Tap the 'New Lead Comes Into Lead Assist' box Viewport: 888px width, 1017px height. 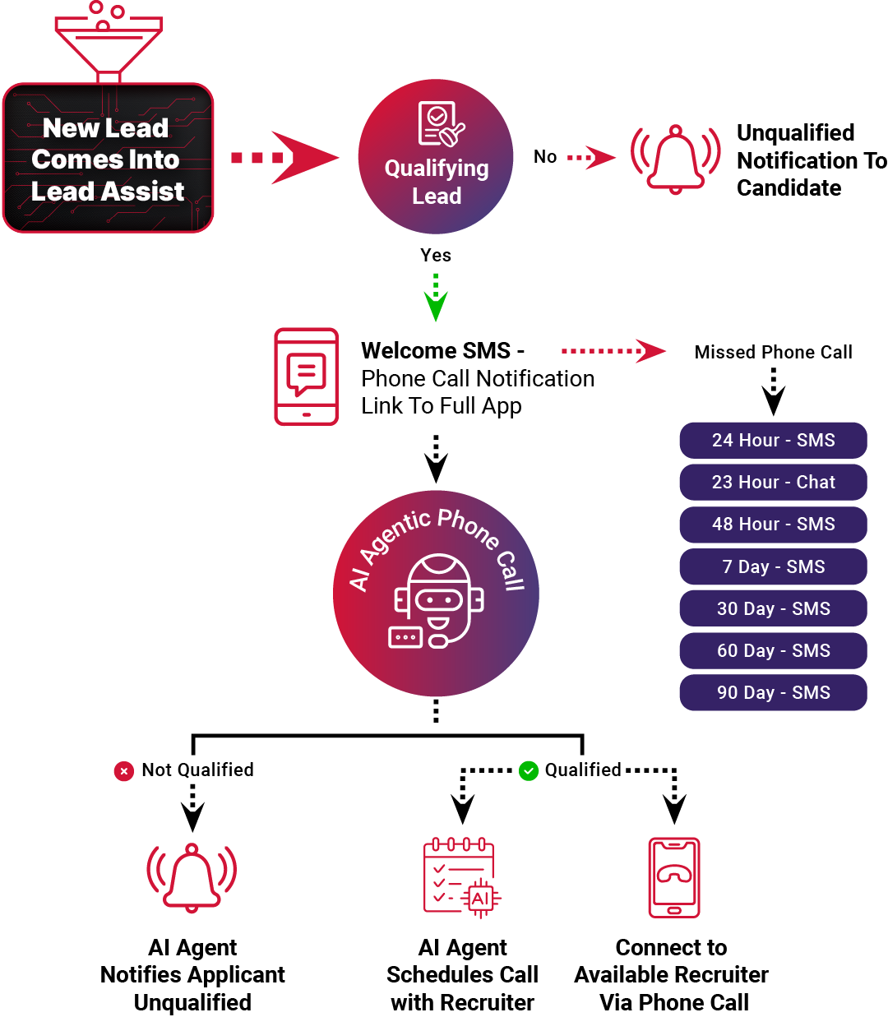tap(108, 159)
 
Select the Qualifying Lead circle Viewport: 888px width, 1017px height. tap(436, 157)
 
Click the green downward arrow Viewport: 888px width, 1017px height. tap(435, 299)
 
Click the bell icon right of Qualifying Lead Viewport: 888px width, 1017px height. tap(675, 159)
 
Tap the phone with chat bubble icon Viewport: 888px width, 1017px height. tap(306, 377)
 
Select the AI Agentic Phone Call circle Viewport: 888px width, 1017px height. tap(436, 594)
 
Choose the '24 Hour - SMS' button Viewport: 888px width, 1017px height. tap(773, 441)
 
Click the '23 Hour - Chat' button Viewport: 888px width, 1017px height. tap(773, 483)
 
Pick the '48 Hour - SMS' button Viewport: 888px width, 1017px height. tap(773, 525)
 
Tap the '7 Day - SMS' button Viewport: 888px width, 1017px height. tap(773, 566)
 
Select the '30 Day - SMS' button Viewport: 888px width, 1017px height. tap(773, 609)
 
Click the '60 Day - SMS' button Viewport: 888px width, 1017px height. tap(773, 651)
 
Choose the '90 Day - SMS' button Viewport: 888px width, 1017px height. tap(773, 693)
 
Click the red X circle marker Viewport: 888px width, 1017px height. tap(123, 771)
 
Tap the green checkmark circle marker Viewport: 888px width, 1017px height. tap(528, 771)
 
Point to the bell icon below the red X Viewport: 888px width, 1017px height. tap(192, 876)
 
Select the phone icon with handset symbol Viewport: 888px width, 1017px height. tap(674, 877)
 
